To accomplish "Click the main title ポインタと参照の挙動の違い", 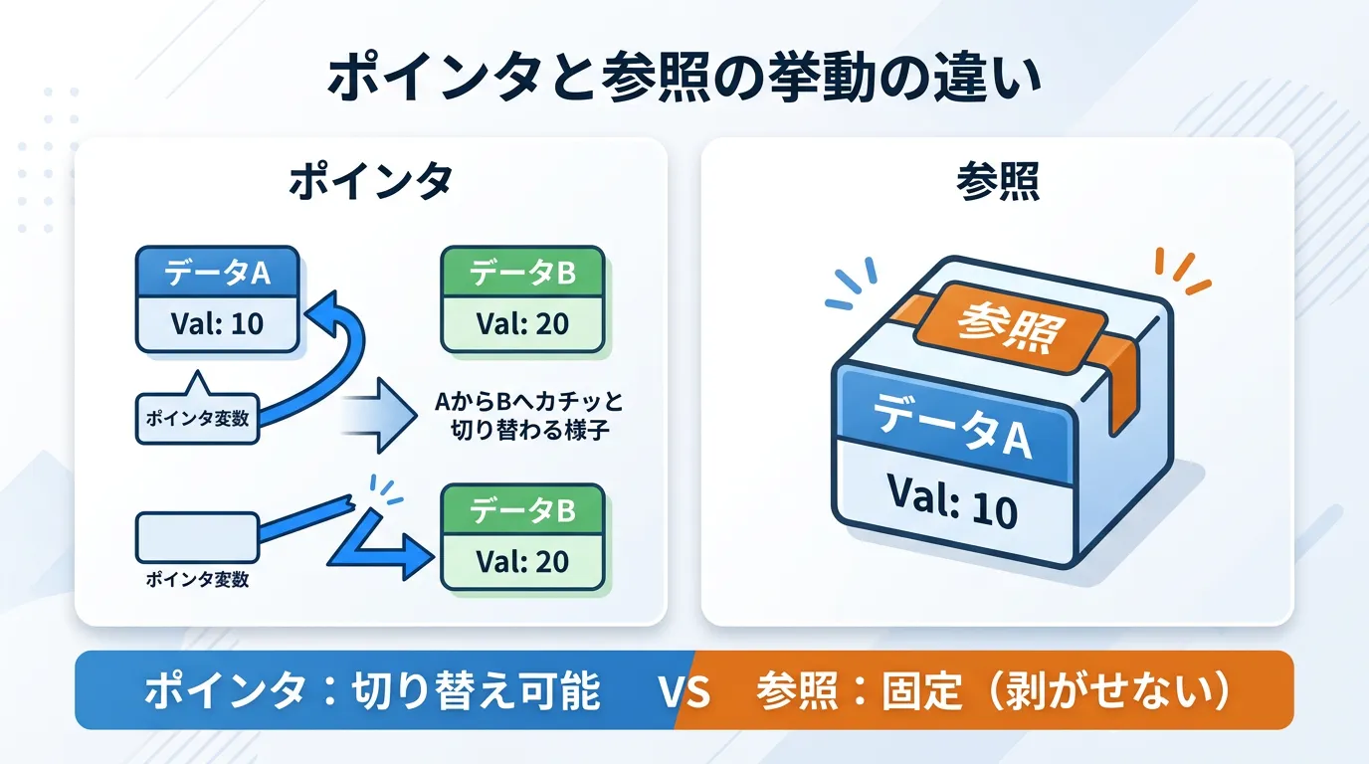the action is pyautogui.click(x=684, y=79).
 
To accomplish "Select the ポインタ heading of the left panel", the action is pyautogui.click(x=370, y=181).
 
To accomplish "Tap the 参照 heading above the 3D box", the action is pyautogui.click(x=998, y=181).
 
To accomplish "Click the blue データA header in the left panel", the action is pyautogui.click(x=218, y=272).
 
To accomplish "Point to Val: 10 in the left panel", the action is pyautogui.click(x=218, y=323).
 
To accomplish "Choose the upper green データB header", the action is pyautogui.click(x=522, y=272).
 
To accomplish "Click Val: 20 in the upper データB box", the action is pyautogui.click(x=522, y=323).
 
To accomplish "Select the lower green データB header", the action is pyautogui.click(x=522, y=509).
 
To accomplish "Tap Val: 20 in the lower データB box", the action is pyautogui.click(x=522, y=561).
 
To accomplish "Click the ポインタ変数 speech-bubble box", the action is pyautogui.click(x=197, y=418).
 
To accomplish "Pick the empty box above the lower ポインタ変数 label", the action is pyautogui.click(x=197, y=538).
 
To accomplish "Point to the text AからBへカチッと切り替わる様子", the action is pyautogui.click(x=529, y=416).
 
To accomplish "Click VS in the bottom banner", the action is pyautogui.click(x=684, y=691).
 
